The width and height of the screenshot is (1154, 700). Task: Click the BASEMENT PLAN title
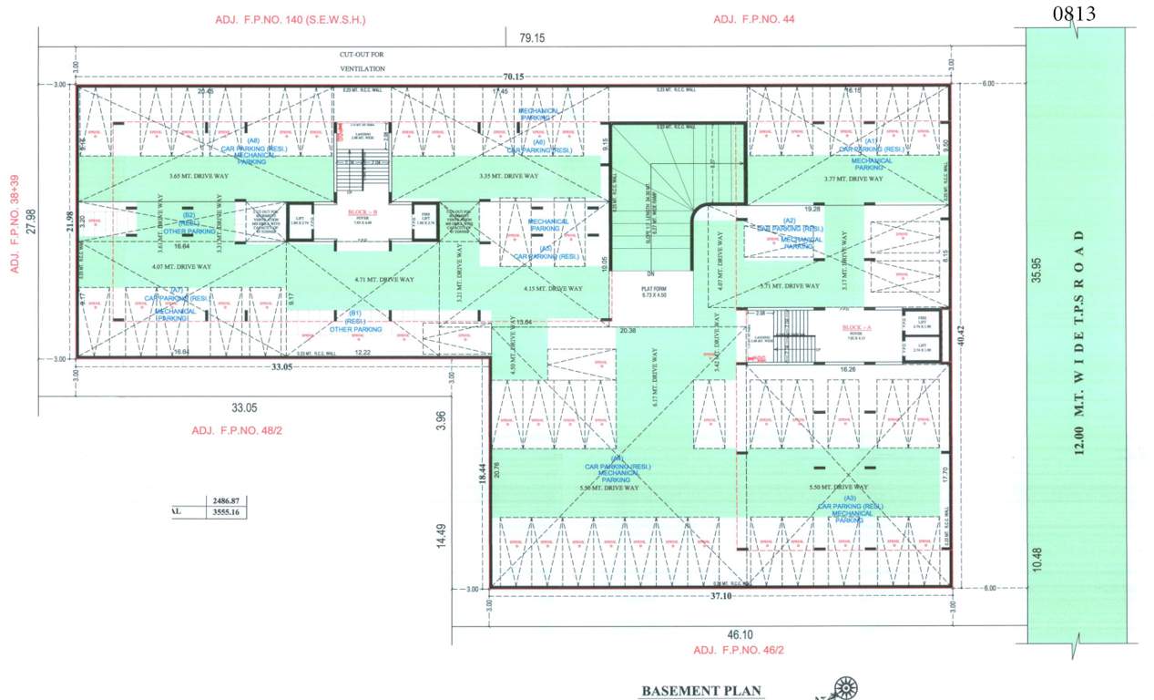[x=700, y=691]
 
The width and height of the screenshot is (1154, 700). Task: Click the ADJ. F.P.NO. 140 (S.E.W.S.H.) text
[x=278, y=19]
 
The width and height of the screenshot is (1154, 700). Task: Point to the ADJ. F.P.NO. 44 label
[x=753, y=19]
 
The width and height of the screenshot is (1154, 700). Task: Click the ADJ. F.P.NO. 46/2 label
[x=739, y=650]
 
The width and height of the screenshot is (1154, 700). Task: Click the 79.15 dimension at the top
[x=531, y=38]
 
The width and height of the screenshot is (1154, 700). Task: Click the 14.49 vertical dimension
[x=441, y=533]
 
